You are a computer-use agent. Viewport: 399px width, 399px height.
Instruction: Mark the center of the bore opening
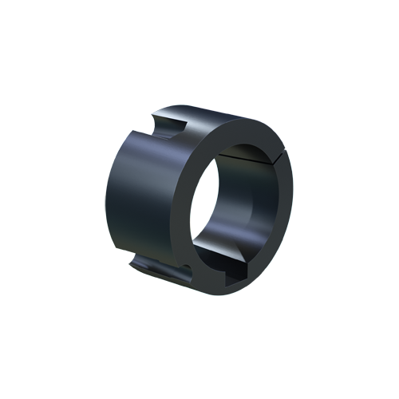pos(239,210)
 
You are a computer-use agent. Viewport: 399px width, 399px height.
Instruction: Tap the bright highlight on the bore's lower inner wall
pos(219,251)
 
